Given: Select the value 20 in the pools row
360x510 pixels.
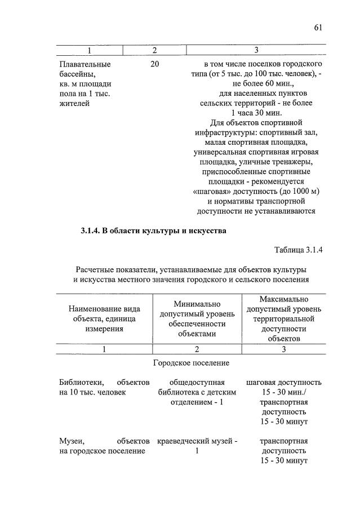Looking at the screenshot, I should coord(155,64).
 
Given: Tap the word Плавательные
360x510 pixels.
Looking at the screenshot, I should coord(85,64).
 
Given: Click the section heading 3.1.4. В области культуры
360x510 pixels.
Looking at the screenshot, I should coord(153,230).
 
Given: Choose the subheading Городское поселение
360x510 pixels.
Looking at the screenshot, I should coord(191,363).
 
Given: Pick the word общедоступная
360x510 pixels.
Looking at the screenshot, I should coord(197,382).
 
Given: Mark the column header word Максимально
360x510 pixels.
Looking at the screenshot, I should coord(284,299).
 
